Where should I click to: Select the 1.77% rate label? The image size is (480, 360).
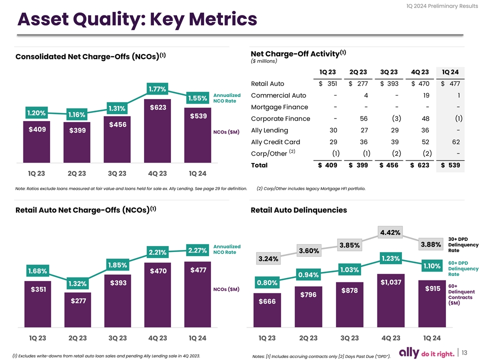pyautogui.click(x=157, y=89)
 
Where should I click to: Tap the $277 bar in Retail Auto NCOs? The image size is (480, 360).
pyautogui.click(x=77, y=315)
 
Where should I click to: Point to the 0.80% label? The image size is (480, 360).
pyautogui.click(x=267, y=283)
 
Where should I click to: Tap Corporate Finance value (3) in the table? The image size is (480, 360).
pyautogui.click(x=394, y=118)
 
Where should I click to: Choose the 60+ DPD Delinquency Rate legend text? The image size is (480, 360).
pyautogui.click(x=463, y=268)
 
